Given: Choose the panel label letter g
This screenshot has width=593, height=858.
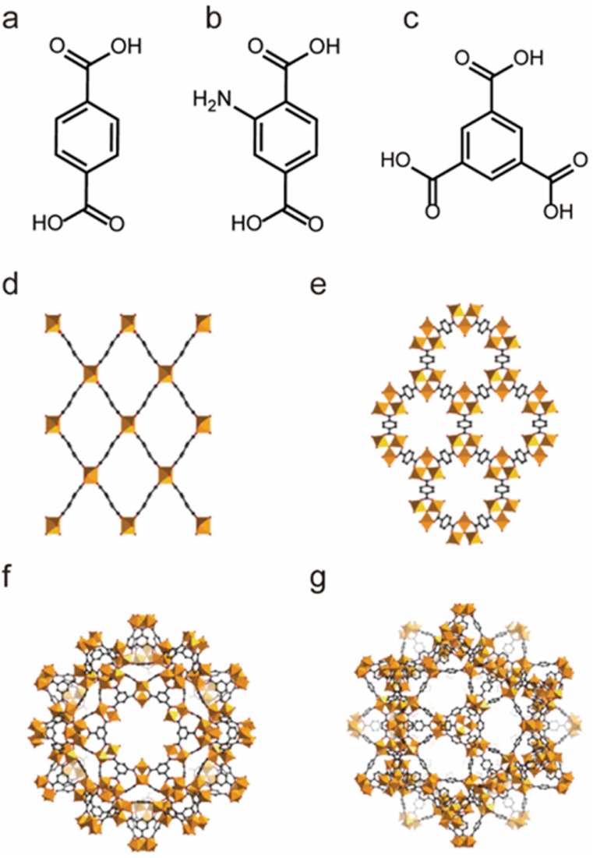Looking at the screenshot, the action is [x=315, y=583].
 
